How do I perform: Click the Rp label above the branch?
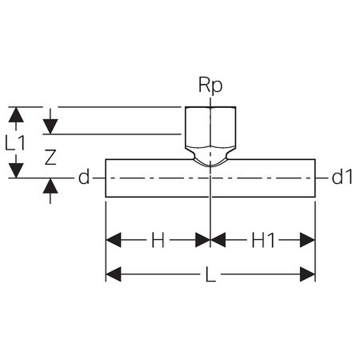tap(210, 86)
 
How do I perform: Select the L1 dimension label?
tap(15, 142)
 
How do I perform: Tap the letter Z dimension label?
tap(50, 157)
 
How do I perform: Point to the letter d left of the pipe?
tap(84, 177)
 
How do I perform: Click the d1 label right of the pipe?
tap(342, 177)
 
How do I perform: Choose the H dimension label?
tap(158, 240)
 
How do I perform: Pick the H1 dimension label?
tap(263, 240)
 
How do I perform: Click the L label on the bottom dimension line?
tap(210, 274)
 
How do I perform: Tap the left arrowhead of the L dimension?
tap(114, 274)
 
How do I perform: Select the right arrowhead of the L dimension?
tap(307, 274)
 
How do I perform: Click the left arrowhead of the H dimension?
tap(114, 240)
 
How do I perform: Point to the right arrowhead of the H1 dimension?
tap(307, 240)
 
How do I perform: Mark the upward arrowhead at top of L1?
tap(16, 115)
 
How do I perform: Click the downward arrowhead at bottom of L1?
tap(16, 170)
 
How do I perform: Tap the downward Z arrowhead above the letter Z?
tap(50, 126)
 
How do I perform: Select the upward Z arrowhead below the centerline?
tap(50, 186)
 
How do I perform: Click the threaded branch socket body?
tap(210, 127)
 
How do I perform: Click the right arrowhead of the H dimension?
tap(203, 240)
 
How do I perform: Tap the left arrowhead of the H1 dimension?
tap(218, 240)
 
